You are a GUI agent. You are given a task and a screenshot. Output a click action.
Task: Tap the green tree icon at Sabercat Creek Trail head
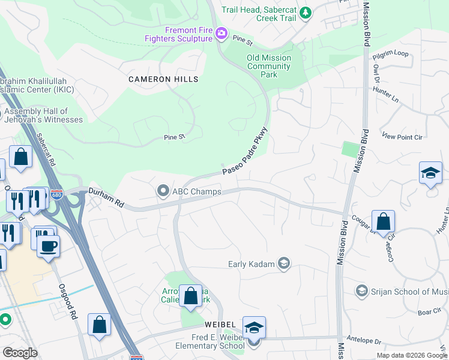click(x=305, y=11)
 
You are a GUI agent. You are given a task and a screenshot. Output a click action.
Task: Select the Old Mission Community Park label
click(x=268, y=66)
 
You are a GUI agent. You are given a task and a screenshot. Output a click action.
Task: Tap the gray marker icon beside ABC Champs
click(x=163, y=191)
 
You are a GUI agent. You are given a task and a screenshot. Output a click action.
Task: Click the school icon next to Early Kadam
click(x=284, y=264)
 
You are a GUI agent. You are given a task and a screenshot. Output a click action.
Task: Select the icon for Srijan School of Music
click(x=361, y=291)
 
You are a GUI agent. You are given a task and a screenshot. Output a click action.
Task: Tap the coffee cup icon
click(x=48, y=245)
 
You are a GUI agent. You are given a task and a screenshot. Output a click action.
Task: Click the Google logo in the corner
click(x=20, y=352)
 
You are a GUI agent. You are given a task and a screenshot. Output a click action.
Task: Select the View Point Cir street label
click(x=402, y=137)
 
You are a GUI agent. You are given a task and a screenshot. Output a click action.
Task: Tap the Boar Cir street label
click(x=429, y=311)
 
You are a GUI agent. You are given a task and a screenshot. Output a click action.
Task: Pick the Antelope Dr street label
click(x=369, y=341)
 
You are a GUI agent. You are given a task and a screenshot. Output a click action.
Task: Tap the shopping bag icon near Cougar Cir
click(x=383, y=221)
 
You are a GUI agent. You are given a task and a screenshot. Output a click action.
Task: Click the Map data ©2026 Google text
click(x=412, y=355)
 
